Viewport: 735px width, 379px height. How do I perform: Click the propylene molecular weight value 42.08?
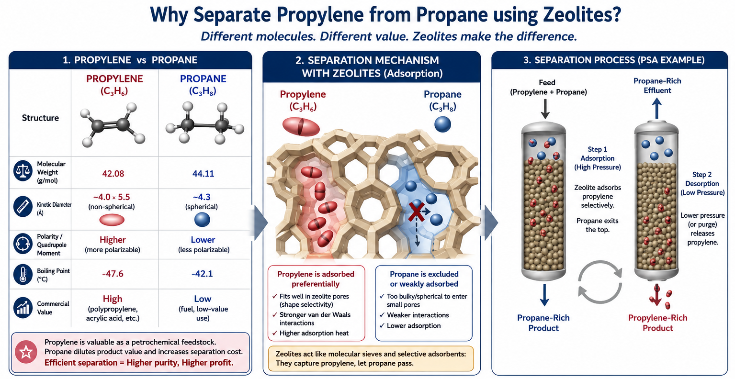tap(113, 173)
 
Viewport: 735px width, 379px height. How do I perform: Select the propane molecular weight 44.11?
tap(203, 173)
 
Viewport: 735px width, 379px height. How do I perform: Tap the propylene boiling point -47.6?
tap(113, 274)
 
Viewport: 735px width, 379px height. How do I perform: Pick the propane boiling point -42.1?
tap(202, 274)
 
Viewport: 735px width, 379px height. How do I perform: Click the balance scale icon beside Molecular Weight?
tap(23, 170)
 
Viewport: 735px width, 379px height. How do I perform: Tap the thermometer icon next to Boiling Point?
tap(23, 274)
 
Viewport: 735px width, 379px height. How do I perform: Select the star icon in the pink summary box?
tap(26, 352)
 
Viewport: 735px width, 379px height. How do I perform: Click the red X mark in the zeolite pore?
tap(417, 212)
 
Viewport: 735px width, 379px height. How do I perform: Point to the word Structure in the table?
tap(40, 118)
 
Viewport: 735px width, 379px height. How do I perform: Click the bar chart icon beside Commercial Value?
tap(23, 307)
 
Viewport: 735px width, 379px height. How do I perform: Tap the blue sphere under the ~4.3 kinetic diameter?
tap(202, 220)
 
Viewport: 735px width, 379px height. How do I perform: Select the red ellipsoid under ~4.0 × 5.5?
tap(112, 220)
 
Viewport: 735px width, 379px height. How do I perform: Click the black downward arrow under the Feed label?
tap(545, 109)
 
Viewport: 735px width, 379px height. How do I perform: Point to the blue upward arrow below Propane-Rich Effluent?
tap(656, 109)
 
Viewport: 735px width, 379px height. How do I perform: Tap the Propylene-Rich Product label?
tap(657, 323)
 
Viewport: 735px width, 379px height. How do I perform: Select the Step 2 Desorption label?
tap(702, 179)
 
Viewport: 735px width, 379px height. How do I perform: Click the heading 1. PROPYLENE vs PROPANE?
tap(130, 60)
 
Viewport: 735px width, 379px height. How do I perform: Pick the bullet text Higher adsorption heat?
tap(314, 333)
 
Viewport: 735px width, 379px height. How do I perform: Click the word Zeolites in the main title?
tap(582, 15)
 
